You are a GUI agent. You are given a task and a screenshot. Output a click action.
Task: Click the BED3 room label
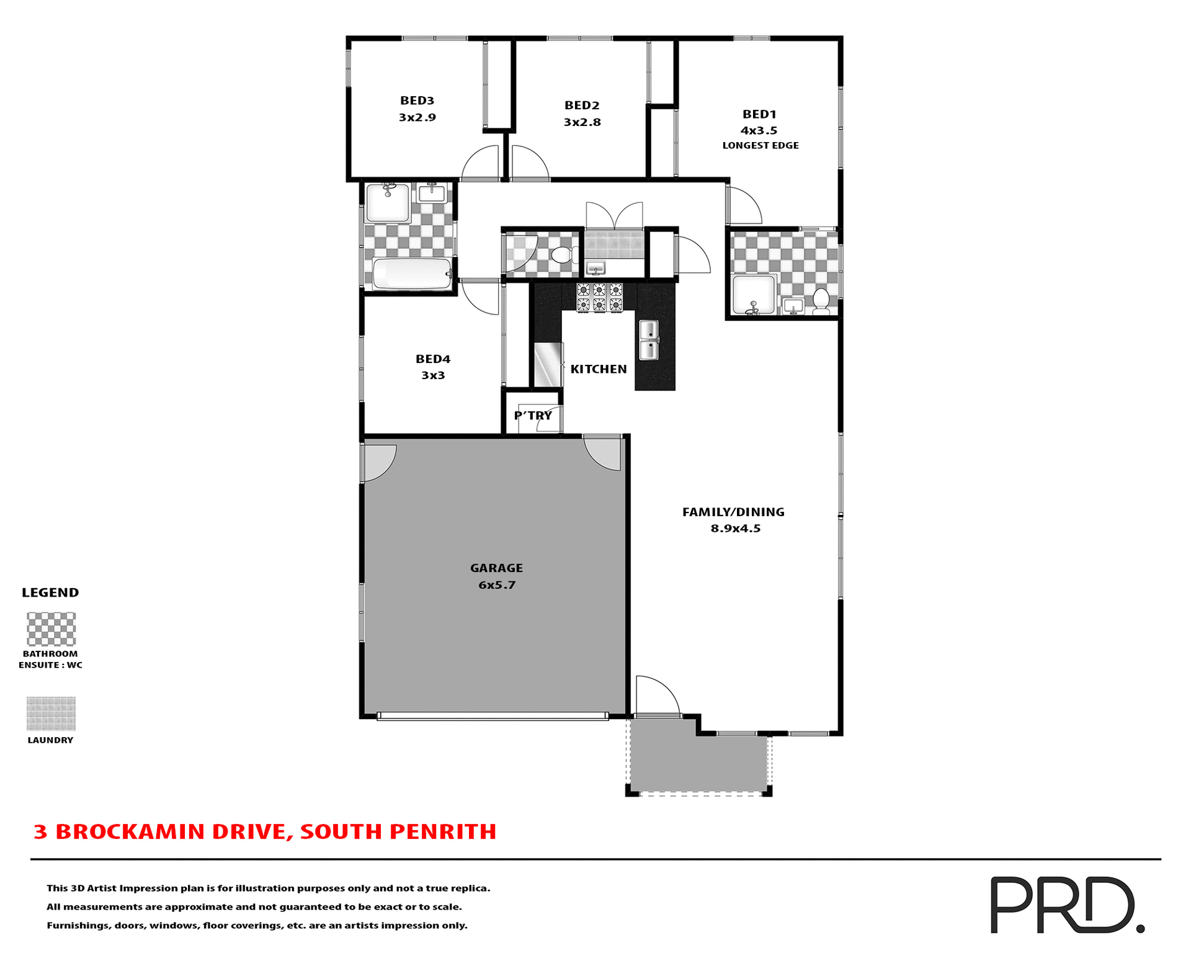417,101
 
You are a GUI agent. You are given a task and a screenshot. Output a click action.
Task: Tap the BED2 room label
582,105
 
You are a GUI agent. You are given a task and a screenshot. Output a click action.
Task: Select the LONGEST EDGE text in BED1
761,145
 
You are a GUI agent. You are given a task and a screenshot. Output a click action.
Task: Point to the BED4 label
433,359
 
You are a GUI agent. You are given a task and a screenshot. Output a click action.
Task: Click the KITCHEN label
599,369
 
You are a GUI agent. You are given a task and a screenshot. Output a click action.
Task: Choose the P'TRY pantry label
533,416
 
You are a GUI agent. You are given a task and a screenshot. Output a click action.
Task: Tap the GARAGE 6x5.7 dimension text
497,584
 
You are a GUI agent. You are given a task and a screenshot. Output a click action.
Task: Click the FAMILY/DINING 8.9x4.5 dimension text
736,529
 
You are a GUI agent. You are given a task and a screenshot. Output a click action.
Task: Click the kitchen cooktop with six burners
599,297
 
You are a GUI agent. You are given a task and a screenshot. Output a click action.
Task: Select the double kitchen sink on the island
649,340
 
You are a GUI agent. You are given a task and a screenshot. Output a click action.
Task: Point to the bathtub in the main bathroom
412,274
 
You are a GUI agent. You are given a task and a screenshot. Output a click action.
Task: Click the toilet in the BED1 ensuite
821,300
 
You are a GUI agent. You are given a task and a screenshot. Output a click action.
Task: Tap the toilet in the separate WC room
561,255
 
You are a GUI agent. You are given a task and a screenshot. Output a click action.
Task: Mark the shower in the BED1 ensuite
753,295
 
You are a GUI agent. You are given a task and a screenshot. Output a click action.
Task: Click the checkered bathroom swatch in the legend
51,629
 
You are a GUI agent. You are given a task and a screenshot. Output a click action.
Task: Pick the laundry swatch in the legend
51,714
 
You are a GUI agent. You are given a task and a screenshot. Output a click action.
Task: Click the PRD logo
1067,905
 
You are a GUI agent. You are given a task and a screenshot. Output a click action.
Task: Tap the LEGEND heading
50,593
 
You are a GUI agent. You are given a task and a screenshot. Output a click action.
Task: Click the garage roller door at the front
493,716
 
